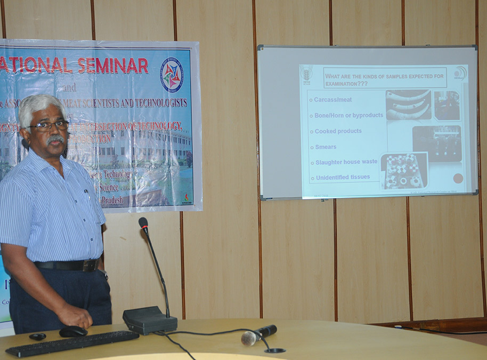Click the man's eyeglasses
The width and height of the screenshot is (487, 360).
pyautogui.click(x=48, y=126)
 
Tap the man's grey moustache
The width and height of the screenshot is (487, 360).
pyautogui.click(x=55, y=140)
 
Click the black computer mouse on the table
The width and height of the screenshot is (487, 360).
pyautogui.click(x=73, y=331)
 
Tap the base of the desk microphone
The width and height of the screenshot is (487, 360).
pyautogui.click(x=149, y=320)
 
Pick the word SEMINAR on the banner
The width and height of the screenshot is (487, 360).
pyautogui.click(x=112, y=66)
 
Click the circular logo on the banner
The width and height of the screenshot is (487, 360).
pyautogui.click(x=172, y=76)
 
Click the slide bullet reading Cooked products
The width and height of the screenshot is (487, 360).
pyautogui.click(x=338, y=131)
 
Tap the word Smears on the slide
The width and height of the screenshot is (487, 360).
pyautogui.click(x=325, y=147)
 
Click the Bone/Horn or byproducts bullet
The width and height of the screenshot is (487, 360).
pyautogui.click(x=348, y=115)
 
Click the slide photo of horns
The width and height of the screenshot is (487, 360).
pyautogui.click(x=408, y=105)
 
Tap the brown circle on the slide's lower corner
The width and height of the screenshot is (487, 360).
pyautogui.click(x=458, y=178)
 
